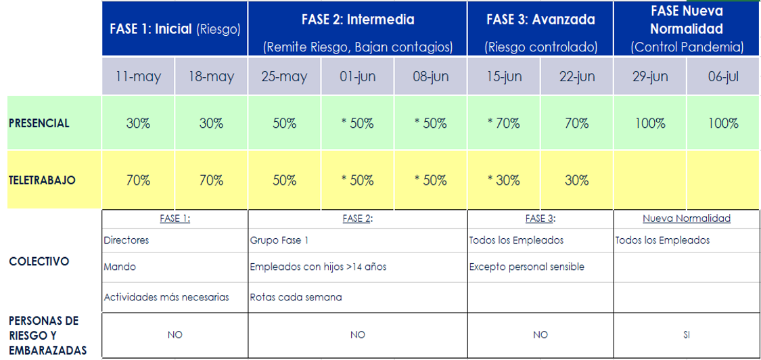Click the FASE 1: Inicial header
click(175, 30)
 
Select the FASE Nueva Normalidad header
click(687, 28)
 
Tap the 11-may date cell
click(138, 76)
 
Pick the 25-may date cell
click(284, 76)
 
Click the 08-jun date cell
click(430, 76)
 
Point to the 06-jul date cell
click(723, 76)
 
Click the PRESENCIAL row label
click(39, 124)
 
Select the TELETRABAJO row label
click(42, 181)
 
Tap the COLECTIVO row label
click(39, 262)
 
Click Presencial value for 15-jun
click(503, 124)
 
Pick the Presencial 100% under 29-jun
click(649, 124)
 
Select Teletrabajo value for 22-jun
click(576, 181)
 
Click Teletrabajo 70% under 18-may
click(211, 181)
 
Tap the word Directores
click(126, 240)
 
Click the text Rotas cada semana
click(296, 297)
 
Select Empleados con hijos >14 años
click(318, 267)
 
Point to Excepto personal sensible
click(526, 267)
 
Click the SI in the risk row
click(687, 335)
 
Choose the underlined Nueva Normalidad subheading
click(687, 219)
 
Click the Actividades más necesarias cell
click(166, 297)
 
